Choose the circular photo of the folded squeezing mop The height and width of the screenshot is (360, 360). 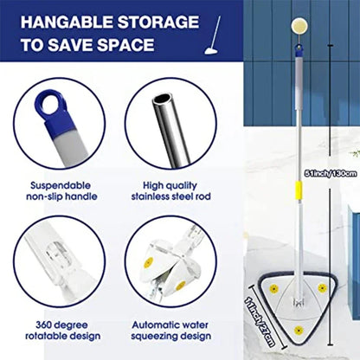170,260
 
